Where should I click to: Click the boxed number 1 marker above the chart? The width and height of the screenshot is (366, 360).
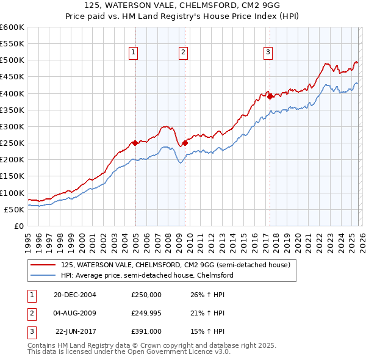[134, 53]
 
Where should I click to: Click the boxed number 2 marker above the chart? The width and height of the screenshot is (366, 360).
[183, 53]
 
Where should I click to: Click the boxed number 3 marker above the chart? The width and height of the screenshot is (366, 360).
[268, 53]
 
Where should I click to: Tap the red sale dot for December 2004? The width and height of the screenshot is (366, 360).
[135, 143]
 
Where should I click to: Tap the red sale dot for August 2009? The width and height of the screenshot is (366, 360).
[185, 143]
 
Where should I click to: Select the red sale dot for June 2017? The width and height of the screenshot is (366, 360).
[270, 96]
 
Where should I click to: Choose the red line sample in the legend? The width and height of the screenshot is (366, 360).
[44, 265]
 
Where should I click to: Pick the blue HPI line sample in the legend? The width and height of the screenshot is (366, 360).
[44, 275]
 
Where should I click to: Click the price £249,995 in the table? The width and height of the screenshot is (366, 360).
[146, 313]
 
